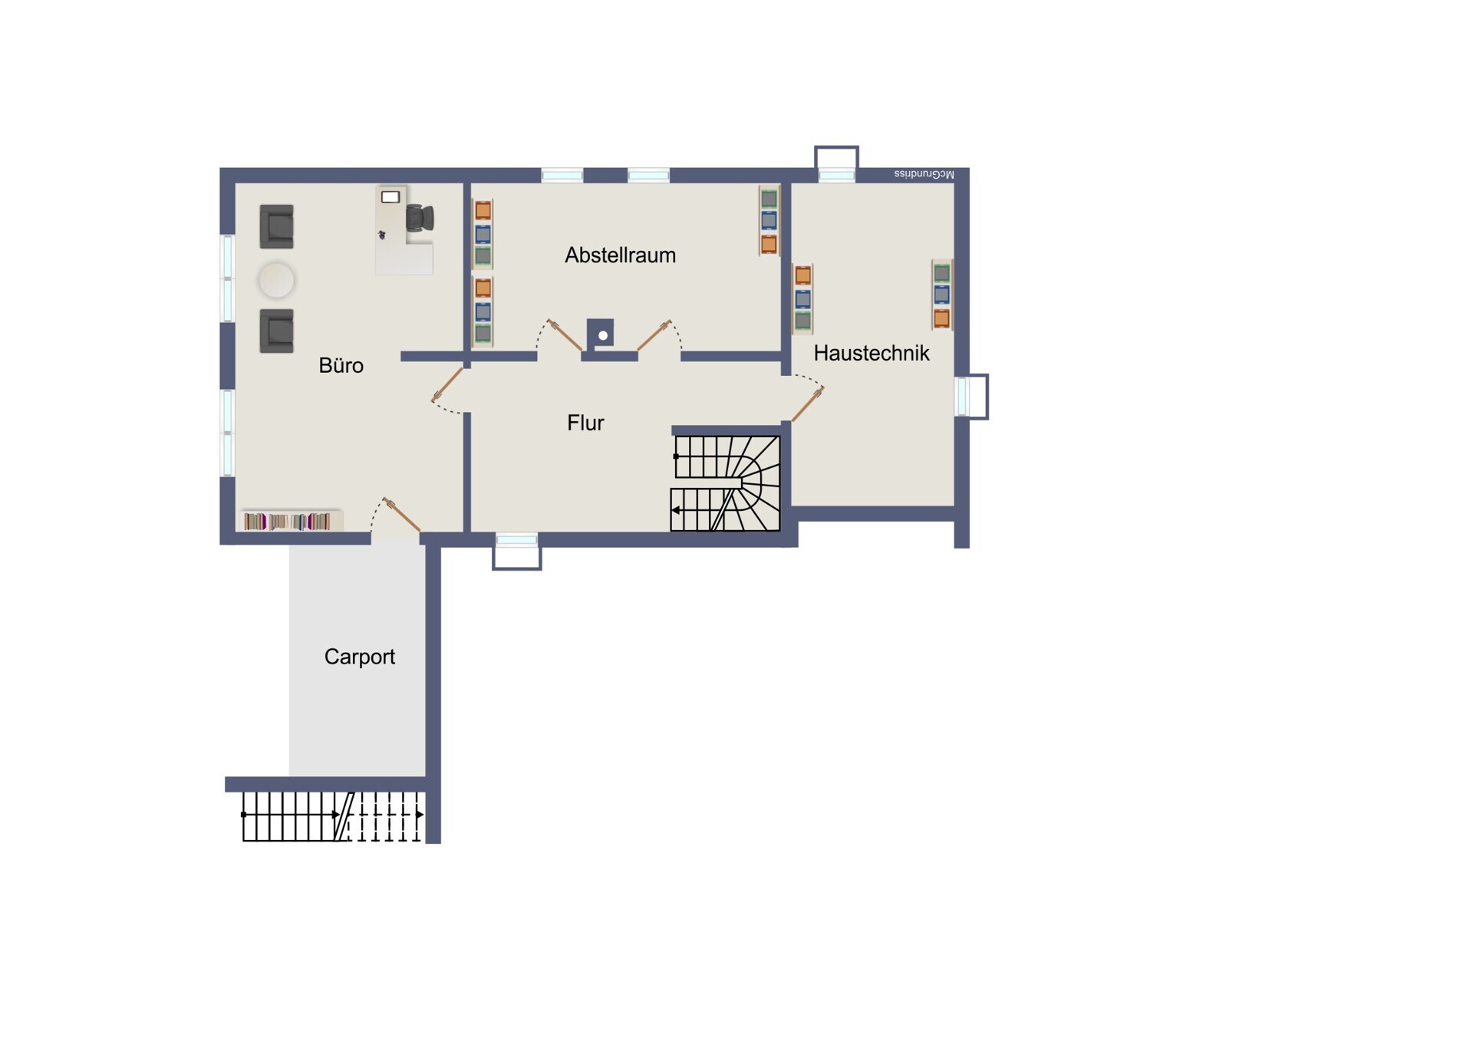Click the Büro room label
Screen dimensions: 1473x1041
pos(341,365)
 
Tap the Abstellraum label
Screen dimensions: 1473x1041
pos(620,255)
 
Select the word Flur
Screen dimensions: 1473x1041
pos(585,423)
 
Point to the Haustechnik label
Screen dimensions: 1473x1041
pos(871,353)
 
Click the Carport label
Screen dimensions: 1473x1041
pos(359,657)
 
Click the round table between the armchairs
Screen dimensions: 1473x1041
pos(276,279)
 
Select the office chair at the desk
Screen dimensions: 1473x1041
pos(420,218)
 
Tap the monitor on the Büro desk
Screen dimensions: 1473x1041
pos(390,197)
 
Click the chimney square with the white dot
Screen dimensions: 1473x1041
pos(601,334)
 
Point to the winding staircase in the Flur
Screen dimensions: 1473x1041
pos(726,483)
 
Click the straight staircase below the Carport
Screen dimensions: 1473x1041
pos(333,816)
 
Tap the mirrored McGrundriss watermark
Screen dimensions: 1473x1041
pos(924,174)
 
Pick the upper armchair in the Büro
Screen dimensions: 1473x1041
pos(276,226)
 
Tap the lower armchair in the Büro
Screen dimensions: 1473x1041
pos(276,331)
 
